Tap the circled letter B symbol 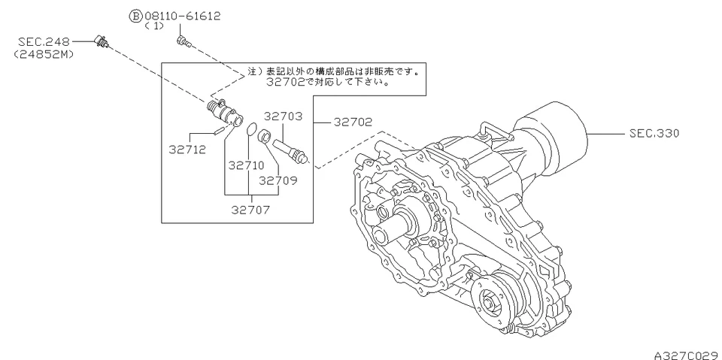click(x=135, y=16)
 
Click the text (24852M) click(x=43, y=53)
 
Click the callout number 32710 click(x=245, y=165)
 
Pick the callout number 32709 click(x=278, y=180)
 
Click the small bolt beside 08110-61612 click(x=182, y=41)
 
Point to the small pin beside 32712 click(x=217, y=131)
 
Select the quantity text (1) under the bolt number click(x=157, y=26)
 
